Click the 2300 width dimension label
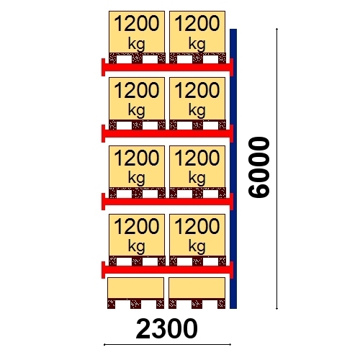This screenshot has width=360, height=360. pos(166,329)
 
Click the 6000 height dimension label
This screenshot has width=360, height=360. pos(258,167)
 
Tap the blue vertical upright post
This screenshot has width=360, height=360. pos(233,168)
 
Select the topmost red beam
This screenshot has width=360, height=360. pos(167,67)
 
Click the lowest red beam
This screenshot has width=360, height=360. pos(167,270)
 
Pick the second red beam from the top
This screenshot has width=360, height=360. pos(167,133)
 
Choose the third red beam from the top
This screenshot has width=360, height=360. pos(167,202)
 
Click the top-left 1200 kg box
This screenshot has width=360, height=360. pos(137,32)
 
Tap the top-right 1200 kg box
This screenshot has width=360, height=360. pos(197,32)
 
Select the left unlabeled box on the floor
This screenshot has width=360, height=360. pos(136,288)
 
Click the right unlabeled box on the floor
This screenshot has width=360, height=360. pos(197,288)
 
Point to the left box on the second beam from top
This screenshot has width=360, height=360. pos(137,99)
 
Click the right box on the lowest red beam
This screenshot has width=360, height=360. pos(197,235)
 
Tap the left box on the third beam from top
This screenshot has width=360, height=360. pos(137,166)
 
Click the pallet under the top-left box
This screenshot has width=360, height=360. pos(137,58)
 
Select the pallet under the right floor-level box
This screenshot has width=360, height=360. pos(197,303)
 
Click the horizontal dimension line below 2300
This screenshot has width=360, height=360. pos(167,345)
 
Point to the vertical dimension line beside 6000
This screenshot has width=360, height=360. pos(277,168)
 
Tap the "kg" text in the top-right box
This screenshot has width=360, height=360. pos(197,45)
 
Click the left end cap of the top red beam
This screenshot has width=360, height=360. pos(104,67)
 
